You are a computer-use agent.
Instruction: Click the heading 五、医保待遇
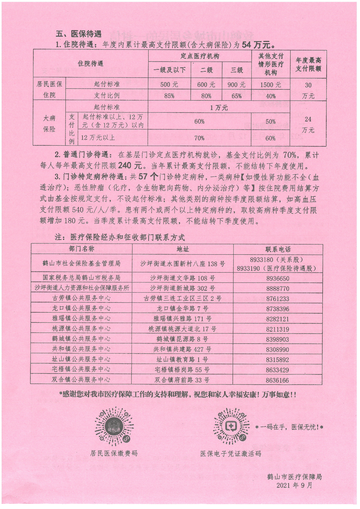click(79, 34)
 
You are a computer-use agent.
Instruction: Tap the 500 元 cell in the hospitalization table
click(169, 84)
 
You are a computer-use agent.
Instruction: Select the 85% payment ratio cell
click(169, 96)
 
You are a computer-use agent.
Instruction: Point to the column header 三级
click(237, 70)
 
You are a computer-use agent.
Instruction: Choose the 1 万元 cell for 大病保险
click(219, 107)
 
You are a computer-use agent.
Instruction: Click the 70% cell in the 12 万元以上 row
click(199, 138)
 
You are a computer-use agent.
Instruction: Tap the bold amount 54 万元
click(257, 45)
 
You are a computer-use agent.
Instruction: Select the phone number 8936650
click(278, 278)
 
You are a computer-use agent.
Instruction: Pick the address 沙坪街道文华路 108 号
click(183, 278)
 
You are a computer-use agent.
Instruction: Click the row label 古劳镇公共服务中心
click(81, 298)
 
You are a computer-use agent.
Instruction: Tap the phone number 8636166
click(278, 380)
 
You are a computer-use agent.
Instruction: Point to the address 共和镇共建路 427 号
click(183, 349)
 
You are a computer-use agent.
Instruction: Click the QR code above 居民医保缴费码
click(114, 427)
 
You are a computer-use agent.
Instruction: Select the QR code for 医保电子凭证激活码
click(231, 426)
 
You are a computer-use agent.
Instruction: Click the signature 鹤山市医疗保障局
click(295, 477)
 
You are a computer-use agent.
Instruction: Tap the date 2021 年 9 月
click(295, 485)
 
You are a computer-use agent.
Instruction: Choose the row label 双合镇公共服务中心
click(81, 380)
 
